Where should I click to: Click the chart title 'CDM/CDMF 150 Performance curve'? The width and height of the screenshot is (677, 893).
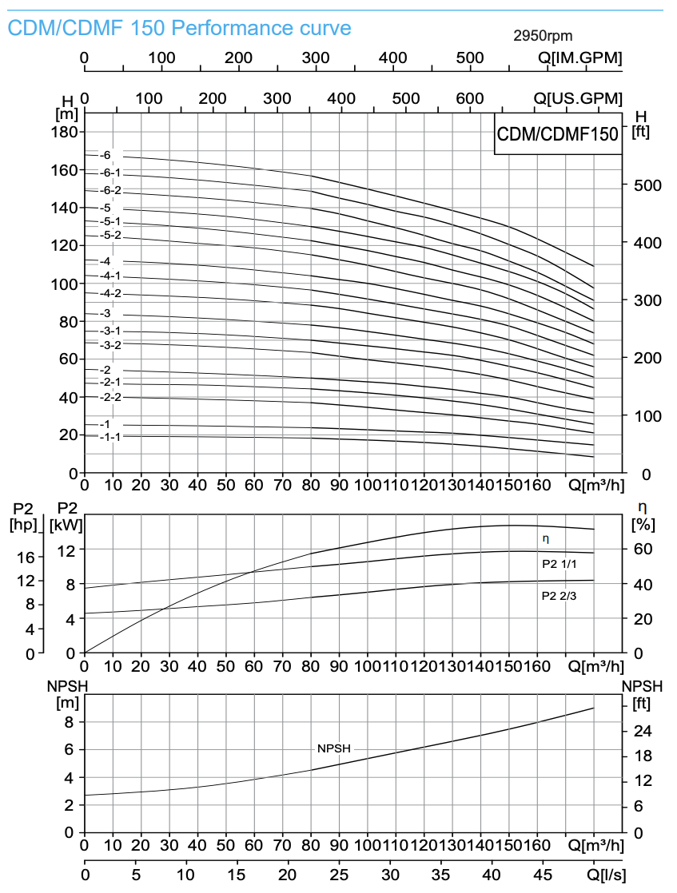(x=179, y=29)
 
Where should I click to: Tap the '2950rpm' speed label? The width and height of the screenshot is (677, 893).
(x=543, y=36)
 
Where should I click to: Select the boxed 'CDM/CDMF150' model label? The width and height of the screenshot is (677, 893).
(x=558, y=134)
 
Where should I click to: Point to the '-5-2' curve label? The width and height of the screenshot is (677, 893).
(x=110, y=235)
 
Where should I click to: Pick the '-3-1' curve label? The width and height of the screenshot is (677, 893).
(x=110, y=331)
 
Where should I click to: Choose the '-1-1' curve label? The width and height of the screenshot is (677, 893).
(x=110, y=437)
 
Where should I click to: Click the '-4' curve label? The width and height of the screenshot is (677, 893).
(x=106, y=261)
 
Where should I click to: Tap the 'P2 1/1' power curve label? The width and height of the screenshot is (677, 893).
(x=558, y=563)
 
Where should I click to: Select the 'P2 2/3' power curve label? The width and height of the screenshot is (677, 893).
(x=558, y=595)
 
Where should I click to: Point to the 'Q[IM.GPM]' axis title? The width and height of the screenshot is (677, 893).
(x=579, y=58)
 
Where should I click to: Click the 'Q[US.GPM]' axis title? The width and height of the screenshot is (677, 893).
(x=578, y=98)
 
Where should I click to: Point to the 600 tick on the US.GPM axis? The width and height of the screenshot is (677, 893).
(x=470, y=98)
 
